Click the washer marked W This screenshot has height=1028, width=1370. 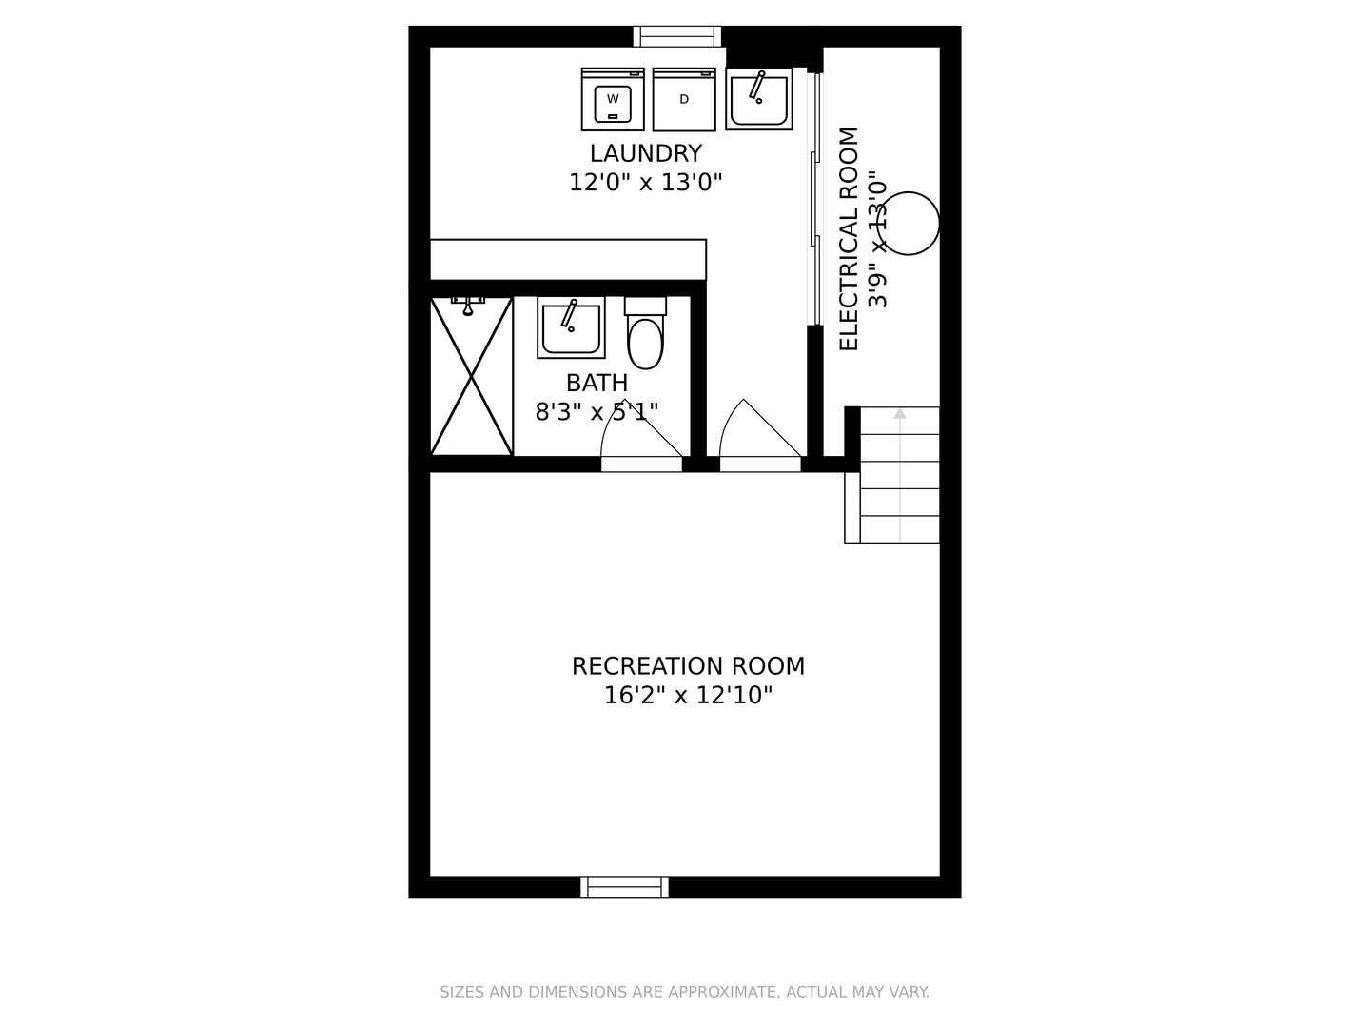click(x=613, y=100)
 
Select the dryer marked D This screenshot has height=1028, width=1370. click(x=683, y=100)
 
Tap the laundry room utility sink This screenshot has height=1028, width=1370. click(x=758, y=99)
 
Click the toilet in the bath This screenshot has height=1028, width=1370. click(x=645, y=335)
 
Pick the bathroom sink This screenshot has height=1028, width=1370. click(x=571, y=327)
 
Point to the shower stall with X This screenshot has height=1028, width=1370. click(x=472, y=376)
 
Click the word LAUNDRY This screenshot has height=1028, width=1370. click(x=645, y=153)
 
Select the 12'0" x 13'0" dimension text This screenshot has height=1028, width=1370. click(x=645, y=183)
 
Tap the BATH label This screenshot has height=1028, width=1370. click(x=597, y=383)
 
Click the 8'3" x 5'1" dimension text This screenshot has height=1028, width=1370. click(x=597, y=412)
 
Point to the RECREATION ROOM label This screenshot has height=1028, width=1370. click(x=688, y=666)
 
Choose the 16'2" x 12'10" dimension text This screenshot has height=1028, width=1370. click(x=688, y=696)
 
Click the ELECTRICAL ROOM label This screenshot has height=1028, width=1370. click(x=849, y=239)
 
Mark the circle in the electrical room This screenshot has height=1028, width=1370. click(x=909, y=224)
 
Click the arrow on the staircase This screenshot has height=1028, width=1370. click(x=900, y=414)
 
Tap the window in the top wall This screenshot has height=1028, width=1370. click(x=677, y=36)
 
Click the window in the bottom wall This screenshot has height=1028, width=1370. click(x=624, y=887)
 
